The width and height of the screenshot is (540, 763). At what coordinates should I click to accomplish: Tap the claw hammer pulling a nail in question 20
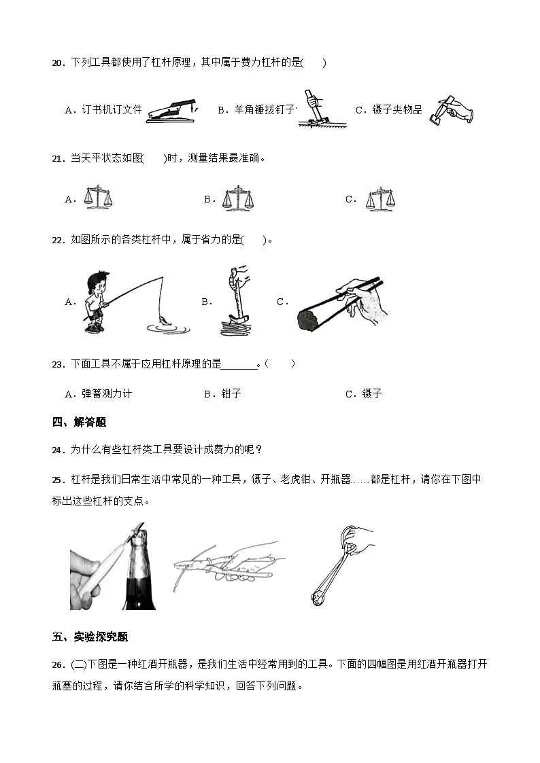tap(315, 109)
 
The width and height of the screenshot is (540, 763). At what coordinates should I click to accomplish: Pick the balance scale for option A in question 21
tap(97, 197)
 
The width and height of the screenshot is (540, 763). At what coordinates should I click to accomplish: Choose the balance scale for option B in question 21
tap(238, 198)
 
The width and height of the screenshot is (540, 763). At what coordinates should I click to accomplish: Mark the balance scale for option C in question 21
tap(380, 198)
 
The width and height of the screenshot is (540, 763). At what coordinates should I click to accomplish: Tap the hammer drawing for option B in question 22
tap(235, 301)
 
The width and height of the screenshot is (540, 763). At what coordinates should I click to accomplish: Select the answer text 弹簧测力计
tap(107, 393)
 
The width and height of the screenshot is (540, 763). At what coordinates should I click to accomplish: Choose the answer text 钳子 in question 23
tap(231, 393)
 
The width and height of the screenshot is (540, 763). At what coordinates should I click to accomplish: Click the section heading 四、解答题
tap(79, 422)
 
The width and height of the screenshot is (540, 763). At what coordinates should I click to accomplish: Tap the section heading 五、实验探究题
tap(90, 637)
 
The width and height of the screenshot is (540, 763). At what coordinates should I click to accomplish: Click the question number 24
tap(58, 449)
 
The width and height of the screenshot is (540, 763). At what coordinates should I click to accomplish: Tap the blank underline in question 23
tap(241, 364)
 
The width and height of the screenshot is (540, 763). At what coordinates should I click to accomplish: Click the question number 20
tap(58, 63)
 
